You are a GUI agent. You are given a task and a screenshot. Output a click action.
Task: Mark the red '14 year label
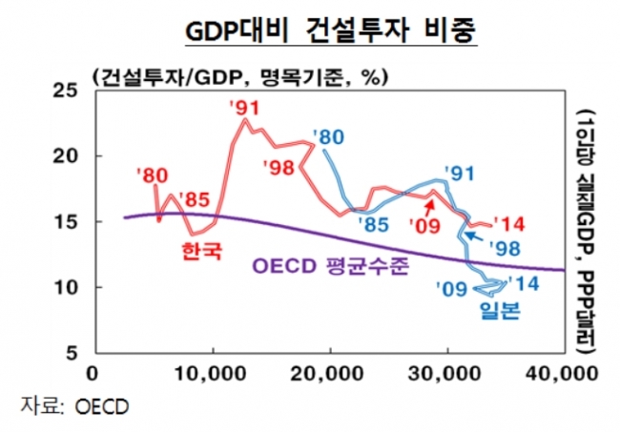pyautogui.click(x=507, y=225)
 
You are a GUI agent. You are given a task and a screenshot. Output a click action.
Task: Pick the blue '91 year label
pyautogui.click(x=459, y=174)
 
